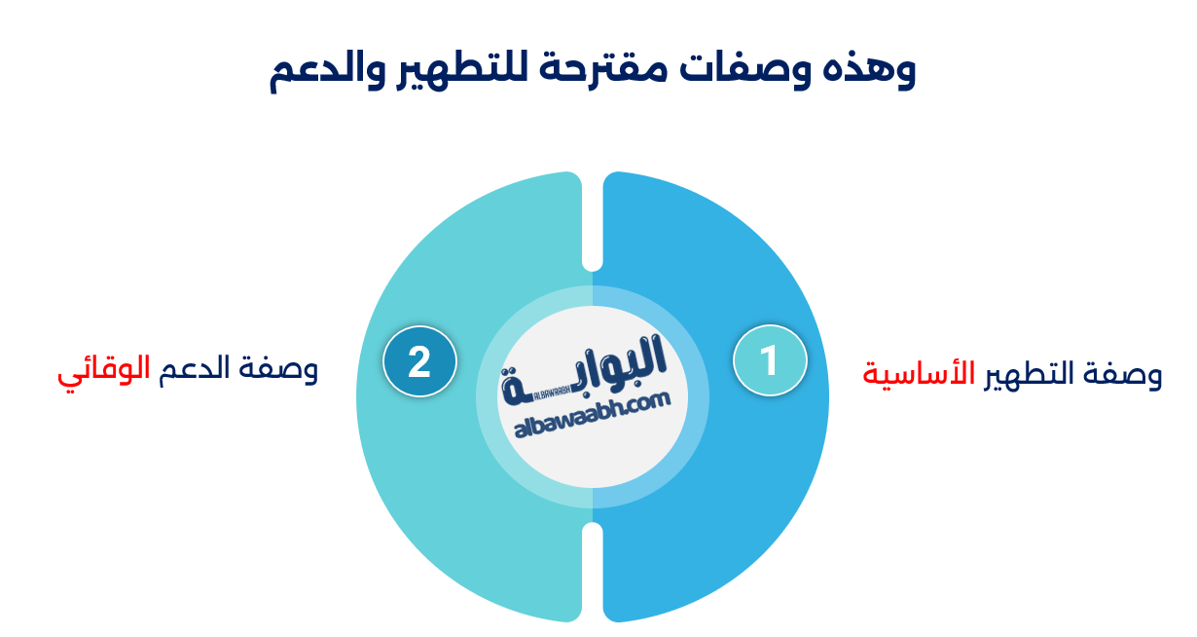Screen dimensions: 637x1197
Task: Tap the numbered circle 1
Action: coord(770,360)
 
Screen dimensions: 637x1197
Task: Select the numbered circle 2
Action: coord(419,361)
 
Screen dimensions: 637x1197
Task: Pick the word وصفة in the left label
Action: coord(281,368)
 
